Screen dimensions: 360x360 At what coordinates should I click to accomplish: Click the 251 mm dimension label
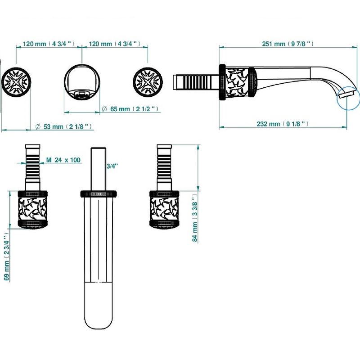[288, 44]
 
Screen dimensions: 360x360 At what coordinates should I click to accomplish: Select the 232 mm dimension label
[283, 124]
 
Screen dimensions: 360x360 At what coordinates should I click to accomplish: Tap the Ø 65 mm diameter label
[130, 108]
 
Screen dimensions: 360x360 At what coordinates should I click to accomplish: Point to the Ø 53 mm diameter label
[63, 126]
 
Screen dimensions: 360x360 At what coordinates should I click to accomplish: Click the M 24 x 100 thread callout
[63, 160]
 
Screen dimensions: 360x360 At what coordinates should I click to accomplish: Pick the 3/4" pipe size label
[112, 166]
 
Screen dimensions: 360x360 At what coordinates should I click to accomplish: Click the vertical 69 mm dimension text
[6, 256]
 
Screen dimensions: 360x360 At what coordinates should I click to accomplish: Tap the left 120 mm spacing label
[49, 43]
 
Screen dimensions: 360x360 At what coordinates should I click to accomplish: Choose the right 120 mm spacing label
[114, 43]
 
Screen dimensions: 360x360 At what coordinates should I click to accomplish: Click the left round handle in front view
[16, 82]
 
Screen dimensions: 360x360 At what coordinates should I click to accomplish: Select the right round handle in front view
[148, 82]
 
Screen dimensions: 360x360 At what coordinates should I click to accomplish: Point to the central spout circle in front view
[82, 82]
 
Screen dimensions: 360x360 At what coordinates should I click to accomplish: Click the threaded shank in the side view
[196, 82]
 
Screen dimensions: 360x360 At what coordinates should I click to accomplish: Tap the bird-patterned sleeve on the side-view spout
[237, 82]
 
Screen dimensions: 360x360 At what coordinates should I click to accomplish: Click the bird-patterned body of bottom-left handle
[32, 209]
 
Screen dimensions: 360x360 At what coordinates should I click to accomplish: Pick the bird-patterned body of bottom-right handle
[164, 209]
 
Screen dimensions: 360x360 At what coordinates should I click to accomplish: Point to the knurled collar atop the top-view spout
[99, 193]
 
